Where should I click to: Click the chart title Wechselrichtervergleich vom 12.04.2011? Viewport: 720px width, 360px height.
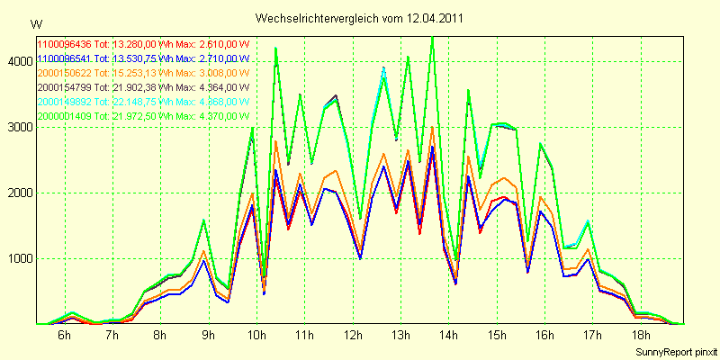[x=360, y=18]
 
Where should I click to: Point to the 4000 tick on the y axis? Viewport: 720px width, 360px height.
[x=17, y=61]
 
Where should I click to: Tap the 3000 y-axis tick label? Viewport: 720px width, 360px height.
[x=17, y=127]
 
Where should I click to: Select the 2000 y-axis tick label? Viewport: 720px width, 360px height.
[x=17, y=193]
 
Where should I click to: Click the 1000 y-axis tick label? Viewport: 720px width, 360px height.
[x=17, y=258]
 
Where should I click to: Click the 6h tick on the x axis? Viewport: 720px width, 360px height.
[x=64, y=336]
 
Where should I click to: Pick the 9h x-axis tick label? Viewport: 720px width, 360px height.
[x=208, y=336]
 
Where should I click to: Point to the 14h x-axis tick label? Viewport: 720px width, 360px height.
[x=447, y=336]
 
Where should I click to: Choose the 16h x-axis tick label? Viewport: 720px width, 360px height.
[x=544, y=336]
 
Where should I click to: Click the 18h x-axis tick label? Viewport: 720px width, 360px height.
[x=640, y=336]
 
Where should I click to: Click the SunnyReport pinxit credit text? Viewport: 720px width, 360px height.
[x=672, y=350]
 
